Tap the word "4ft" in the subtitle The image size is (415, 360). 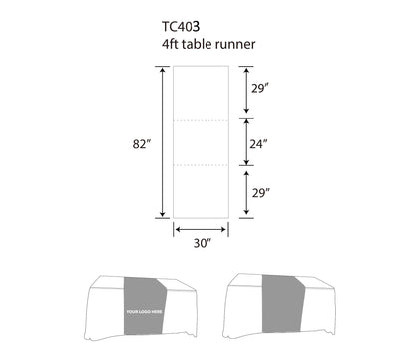click(170, 45)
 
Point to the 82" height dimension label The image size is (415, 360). click(141, 143)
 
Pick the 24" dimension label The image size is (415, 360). click(259, 143)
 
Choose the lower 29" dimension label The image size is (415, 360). click(259, 191)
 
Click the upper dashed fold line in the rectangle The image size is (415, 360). click(203, 119)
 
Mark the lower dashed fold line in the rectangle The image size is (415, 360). click(203, 165)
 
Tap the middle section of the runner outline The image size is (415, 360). click(203, 142)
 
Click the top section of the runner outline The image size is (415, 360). click(203, 92)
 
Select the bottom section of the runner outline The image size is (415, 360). click(203, 191)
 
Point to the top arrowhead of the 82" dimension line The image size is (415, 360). click(163, 70)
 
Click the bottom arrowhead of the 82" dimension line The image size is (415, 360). click(163, 214)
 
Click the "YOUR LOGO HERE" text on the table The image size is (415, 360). click(143, 313)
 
